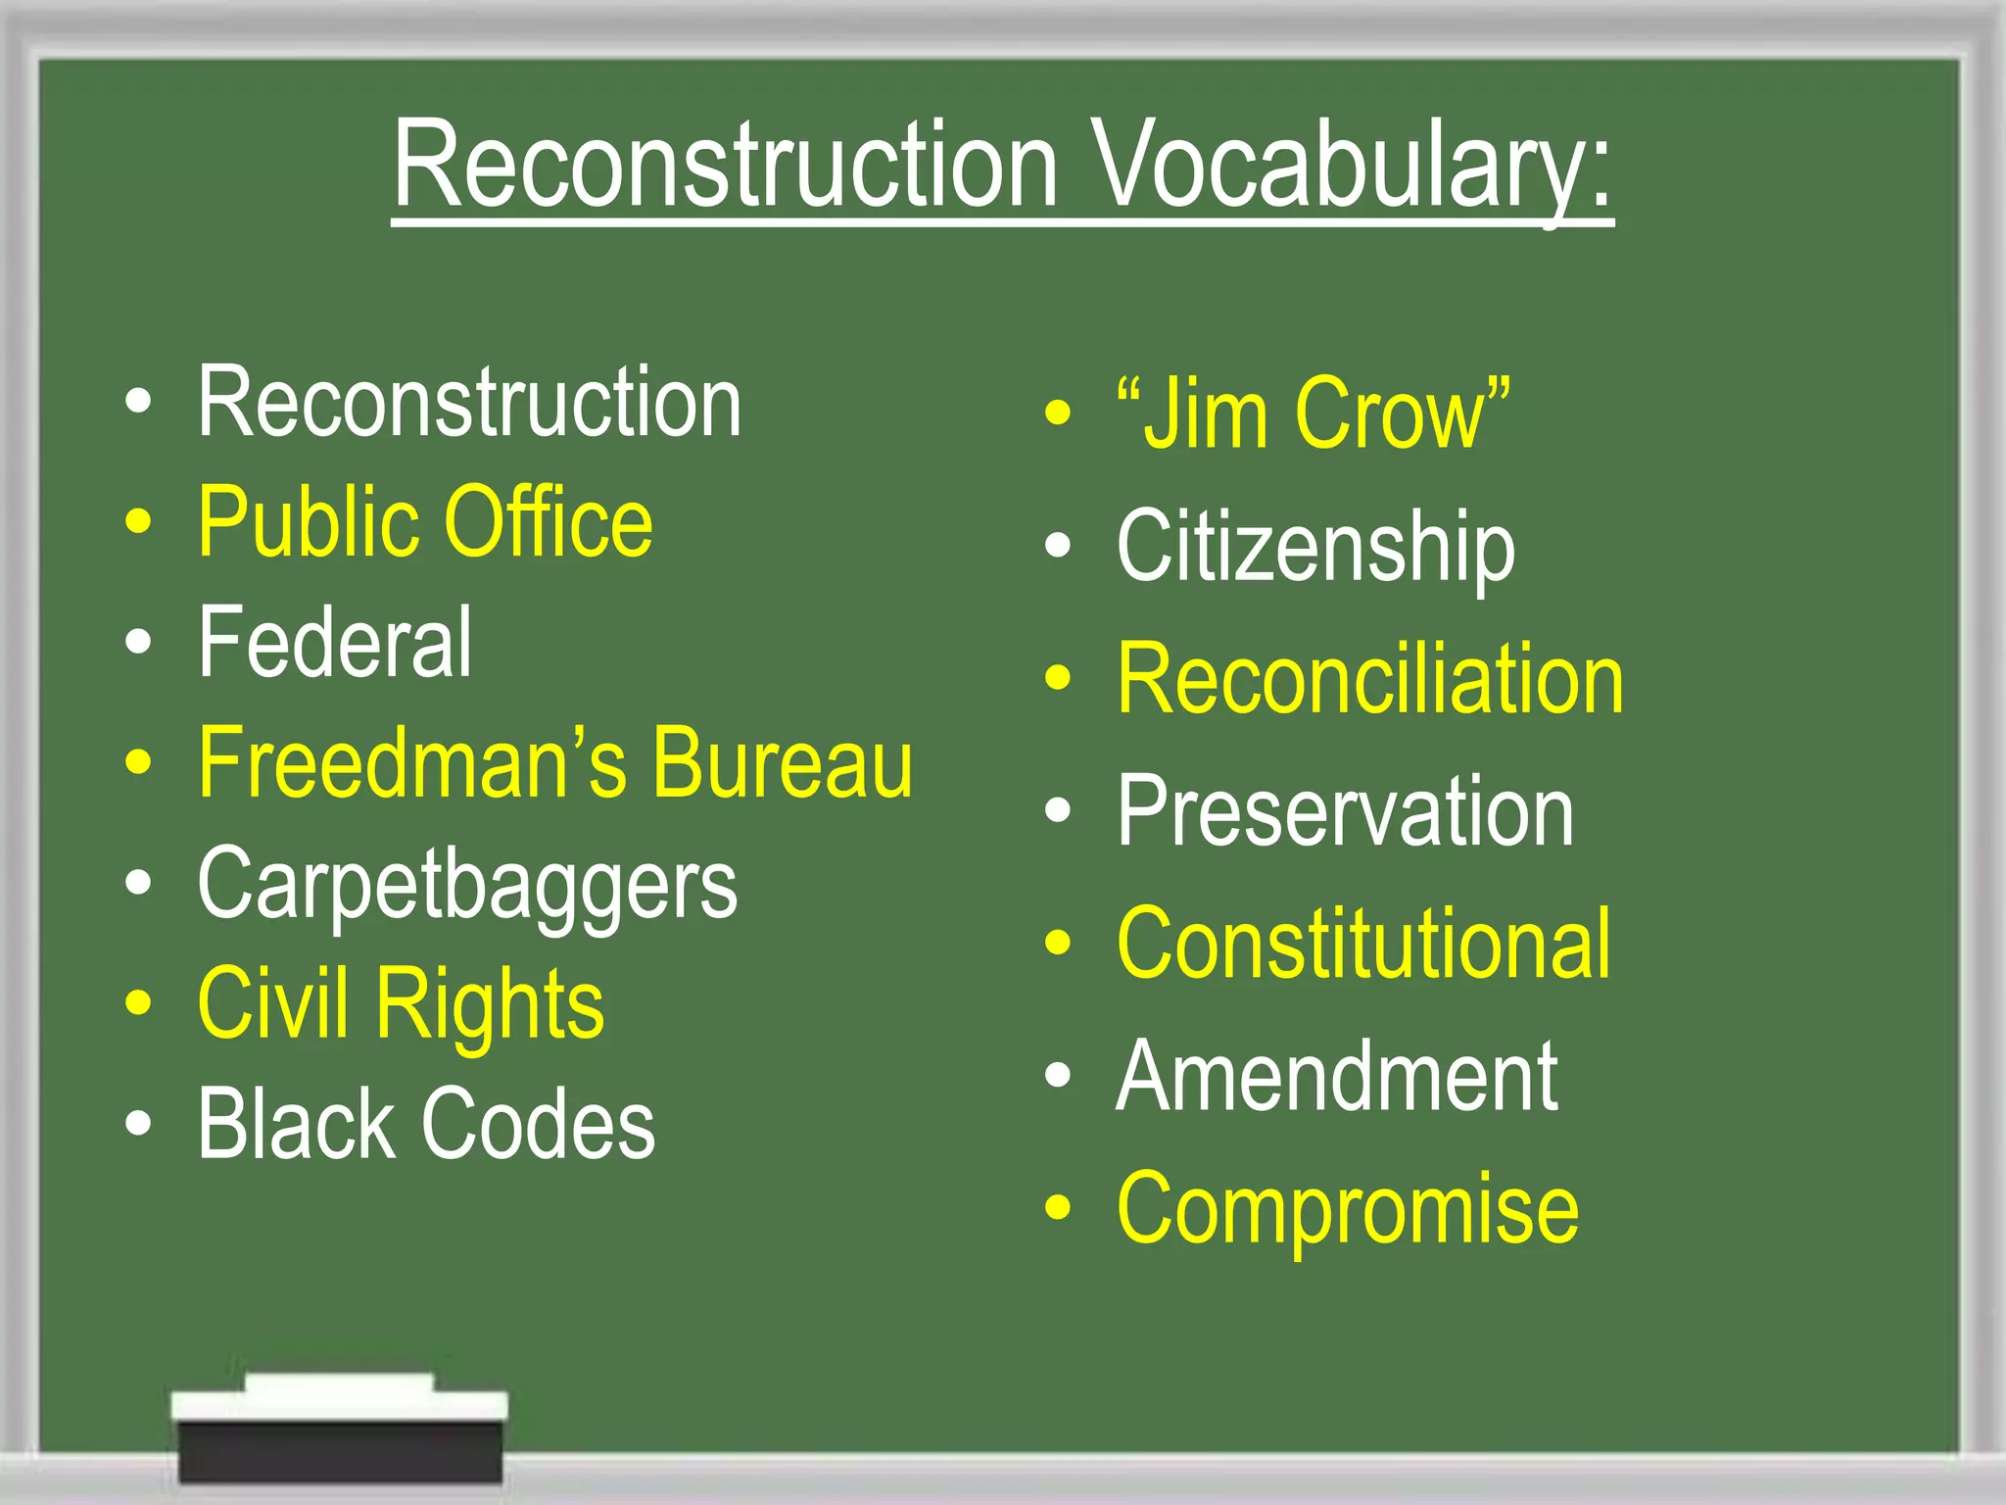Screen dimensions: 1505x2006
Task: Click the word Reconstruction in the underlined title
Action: pyautogui.click(x=726, y=167)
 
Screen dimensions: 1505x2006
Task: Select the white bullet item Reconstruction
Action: pyautogui.click(x=469, y=402)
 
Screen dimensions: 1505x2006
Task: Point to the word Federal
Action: pyautogui.click(x=335, y=643)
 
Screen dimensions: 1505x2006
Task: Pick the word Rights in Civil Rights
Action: pyautogui.click(x=490, y=1005)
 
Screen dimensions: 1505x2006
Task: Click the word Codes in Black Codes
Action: pyautogui.click(x=538, y=1125)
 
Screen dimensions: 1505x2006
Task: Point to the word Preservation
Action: pyautogui.click(x=1345, y=811)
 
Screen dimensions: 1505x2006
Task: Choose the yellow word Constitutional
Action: pyautogui.click(x=1363, y=944)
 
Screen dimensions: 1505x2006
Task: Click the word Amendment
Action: pyautogui.click(x=1337, y=1077)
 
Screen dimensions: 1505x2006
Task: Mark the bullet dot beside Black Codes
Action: pyautogui.click(x=139, y=1124)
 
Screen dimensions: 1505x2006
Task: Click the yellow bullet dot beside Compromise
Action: pyautogui.click(x=1058, y=1207)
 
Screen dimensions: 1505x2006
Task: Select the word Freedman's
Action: pyautogui.click(x=411, y=764)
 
